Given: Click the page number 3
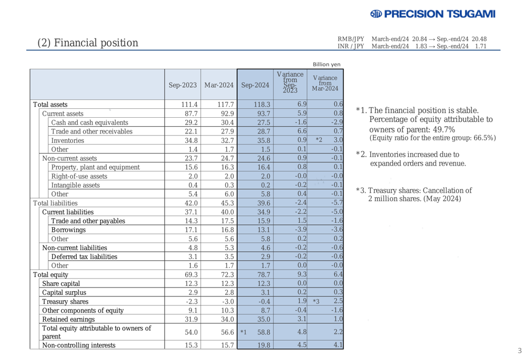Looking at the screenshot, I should coord(519,351).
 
